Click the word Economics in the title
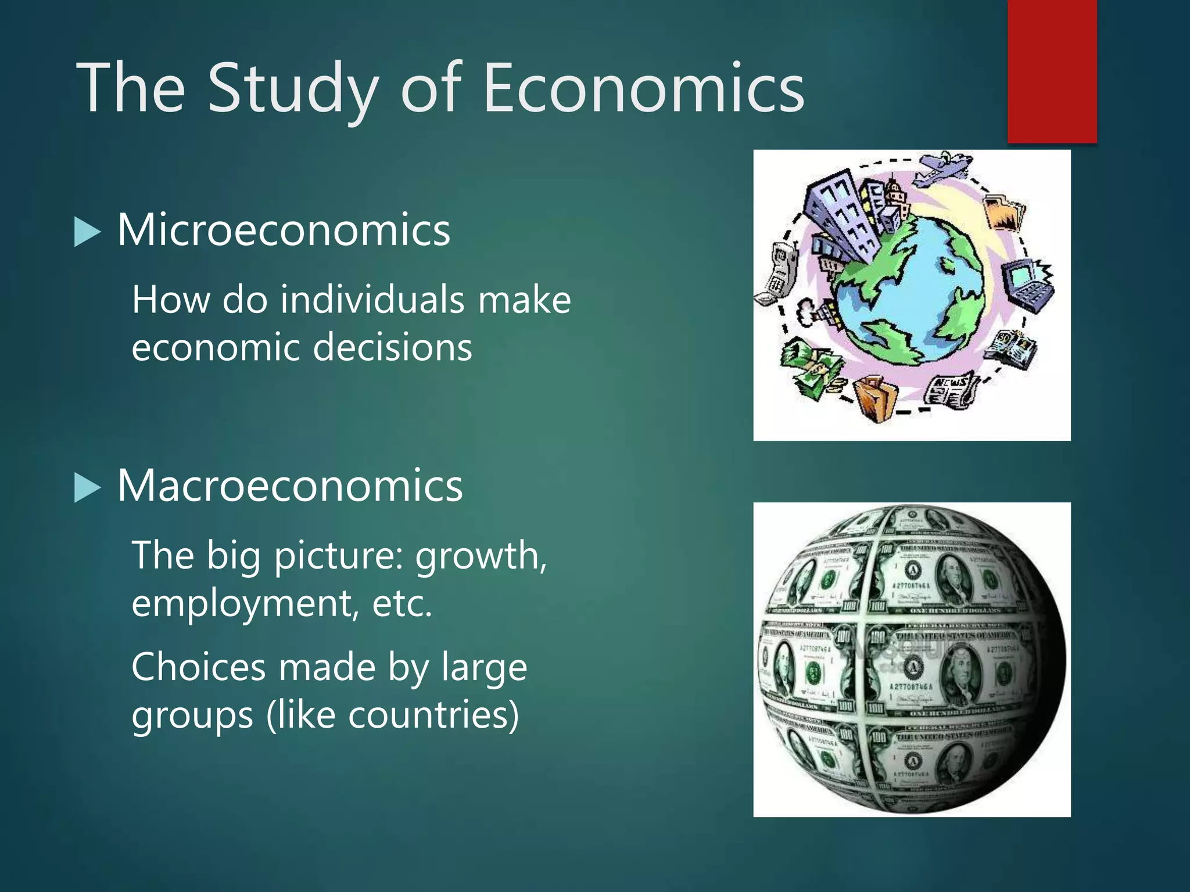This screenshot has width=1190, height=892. pos(644,88)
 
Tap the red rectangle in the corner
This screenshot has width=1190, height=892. pos(1052,71)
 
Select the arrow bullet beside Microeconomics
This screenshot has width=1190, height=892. pos(87,232)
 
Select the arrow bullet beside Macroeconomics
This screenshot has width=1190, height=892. pos(87,488)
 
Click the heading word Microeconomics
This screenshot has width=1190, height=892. pos(284,230)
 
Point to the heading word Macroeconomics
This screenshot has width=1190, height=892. pos(289,485)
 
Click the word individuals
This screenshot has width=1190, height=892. pos(372,300)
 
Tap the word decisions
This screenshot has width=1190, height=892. pos(392,347)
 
